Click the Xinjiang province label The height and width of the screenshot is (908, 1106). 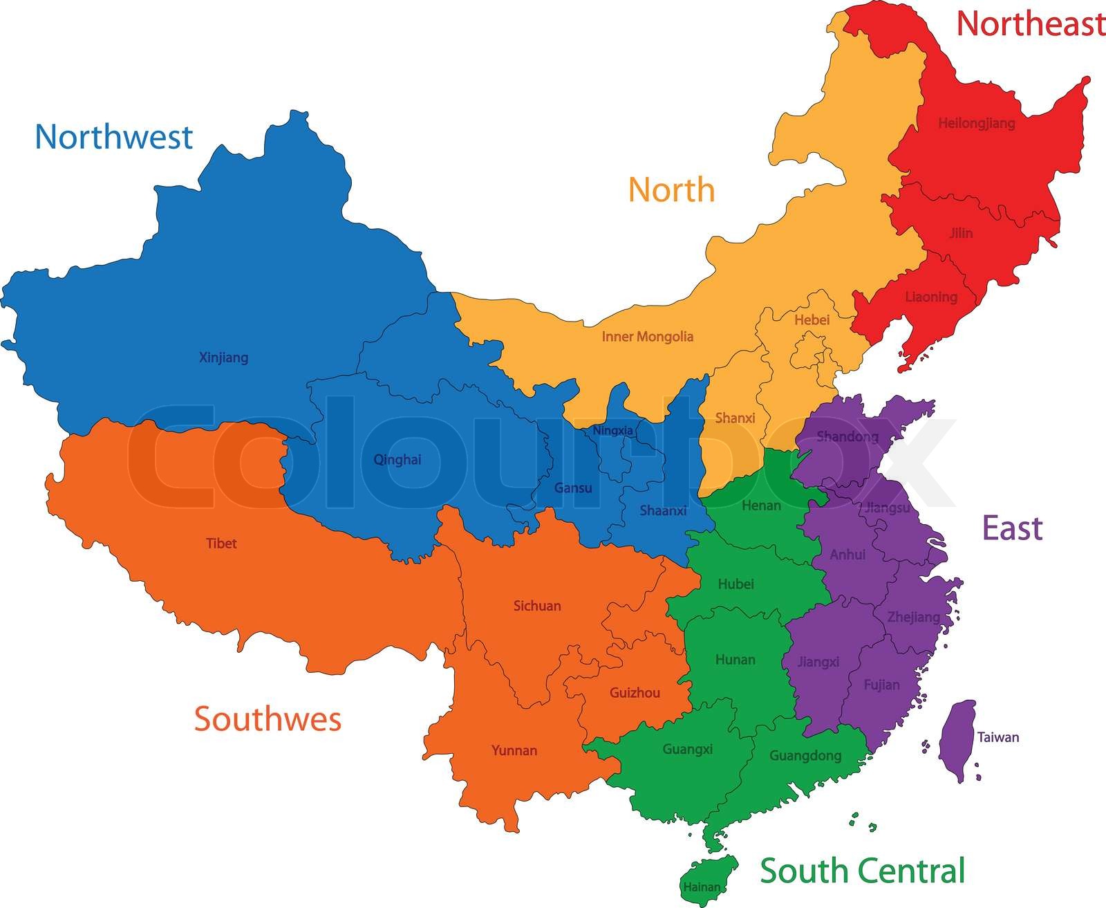[223, 358]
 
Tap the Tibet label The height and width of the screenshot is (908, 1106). [221, 544]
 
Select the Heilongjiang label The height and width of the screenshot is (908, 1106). [976, 123]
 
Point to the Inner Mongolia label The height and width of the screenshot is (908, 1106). [647, 337]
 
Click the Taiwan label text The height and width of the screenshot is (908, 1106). [997, 737]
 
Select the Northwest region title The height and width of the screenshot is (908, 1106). [113, 137]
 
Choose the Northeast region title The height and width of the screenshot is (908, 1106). [1030, 24]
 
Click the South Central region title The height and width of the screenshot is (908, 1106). [862, 870]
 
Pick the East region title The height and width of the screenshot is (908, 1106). [1012, 528]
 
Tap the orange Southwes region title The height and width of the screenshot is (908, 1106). [268, 719]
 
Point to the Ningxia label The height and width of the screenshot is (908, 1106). [612, 430]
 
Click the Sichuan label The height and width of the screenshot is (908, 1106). [537, 606]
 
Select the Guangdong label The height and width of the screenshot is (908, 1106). [805, 756]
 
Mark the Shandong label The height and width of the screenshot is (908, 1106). [847, 436]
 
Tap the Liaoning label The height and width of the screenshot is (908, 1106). [931, 297]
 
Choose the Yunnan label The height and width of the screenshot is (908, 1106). [514, 750]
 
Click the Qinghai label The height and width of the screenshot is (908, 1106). [397, 460]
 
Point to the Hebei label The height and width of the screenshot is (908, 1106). [812, 319]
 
